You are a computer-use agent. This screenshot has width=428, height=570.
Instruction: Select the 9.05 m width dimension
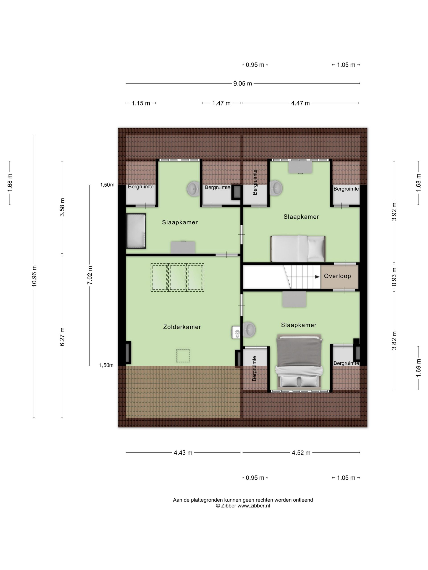(x=243, y=83)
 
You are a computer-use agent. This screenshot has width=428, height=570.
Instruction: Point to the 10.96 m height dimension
(x=34, y=275)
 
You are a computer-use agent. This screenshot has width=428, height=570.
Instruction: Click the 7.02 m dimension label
(x=90, y=275)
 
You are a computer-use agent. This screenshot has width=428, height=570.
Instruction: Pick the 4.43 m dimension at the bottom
(x=183, y=453)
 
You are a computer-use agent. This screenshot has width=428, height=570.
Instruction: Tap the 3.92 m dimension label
(x=394, y=212)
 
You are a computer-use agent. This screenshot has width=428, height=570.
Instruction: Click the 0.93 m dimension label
(x=394, y=277)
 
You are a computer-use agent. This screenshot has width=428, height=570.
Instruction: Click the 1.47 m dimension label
(x=221, y=103)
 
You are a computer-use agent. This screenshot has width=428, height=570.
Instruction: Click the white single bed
(x=298, y=248)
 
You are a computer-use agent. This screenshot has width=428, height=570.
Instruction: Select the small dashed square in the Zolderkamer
(x=183, y=356)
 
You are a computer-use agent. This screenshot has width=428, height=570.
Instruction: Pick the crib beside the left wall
(x=136, y=231)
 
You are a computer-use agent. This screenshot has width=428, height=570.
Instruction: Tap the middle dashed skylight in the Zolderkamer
(x=177, y=277)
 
